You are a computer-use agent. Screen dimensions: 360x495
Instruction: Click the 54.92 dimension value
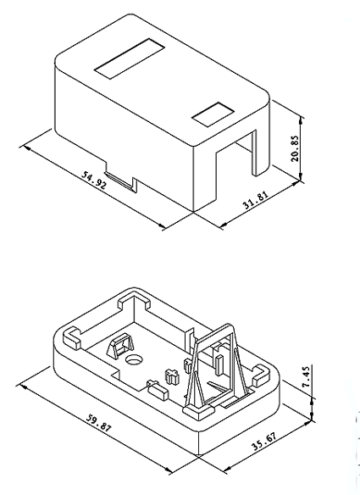(94, 180)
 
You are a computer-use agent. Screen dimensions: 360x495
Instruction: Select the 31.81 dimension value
(256, 200)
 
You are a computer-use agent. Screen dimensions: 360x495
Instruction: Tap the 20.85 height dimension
(295, 148)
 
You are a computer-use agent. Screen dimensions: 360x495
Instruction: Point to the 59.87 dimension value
(99, 422)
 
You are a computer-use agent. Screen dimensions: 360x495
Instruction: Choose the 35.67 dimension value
(264, 441)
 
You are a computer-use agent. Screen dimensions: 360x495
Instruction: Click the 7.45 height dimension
(307, 376)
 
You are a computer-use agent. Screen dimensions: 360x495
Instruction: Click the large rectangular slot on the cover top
(130, 59)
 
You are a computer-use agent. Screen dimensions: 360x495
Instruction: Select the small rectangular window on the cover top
(213, 114)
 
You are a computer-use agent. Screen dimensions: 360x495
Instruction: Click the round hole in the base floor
(134, 359)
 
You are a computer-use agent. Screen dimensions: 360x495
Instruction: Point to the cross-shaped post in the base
(172, 375)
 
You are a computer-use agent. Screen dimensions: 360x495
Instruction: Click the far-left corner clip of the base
(72, 338)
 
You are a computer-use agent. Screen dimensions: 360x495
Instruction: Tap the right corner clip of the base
(261, 375)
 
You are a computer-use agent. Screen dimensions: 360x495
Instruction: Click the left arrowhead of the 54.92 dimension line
(26, 147)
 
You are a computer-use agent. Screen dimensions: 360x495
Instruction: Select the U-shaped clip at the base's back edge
(134, 301)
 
